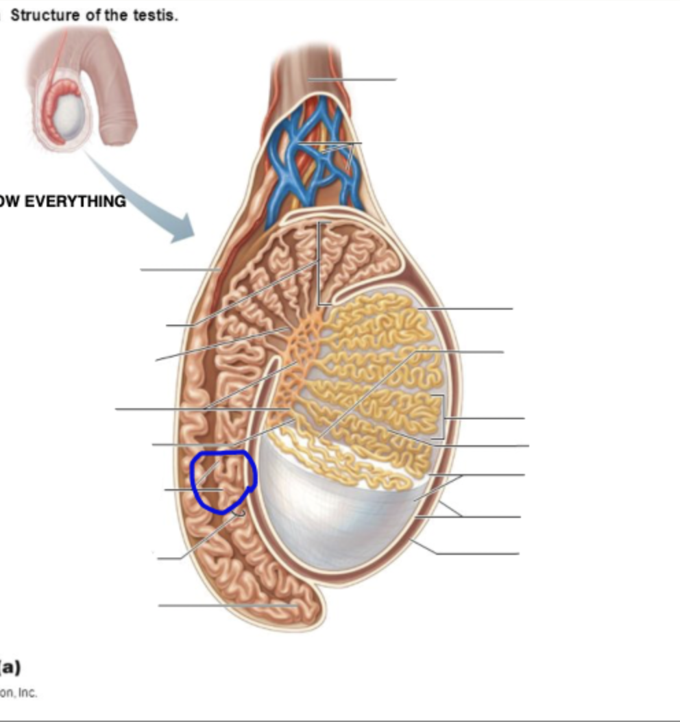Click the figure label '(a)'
(10, 666)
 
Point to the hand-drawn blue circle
(223, 482)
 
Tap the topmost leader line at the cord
(353, 79)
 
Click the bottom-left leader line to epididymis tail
(226, 606)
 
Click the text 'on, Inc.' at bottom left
(19, 693)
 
